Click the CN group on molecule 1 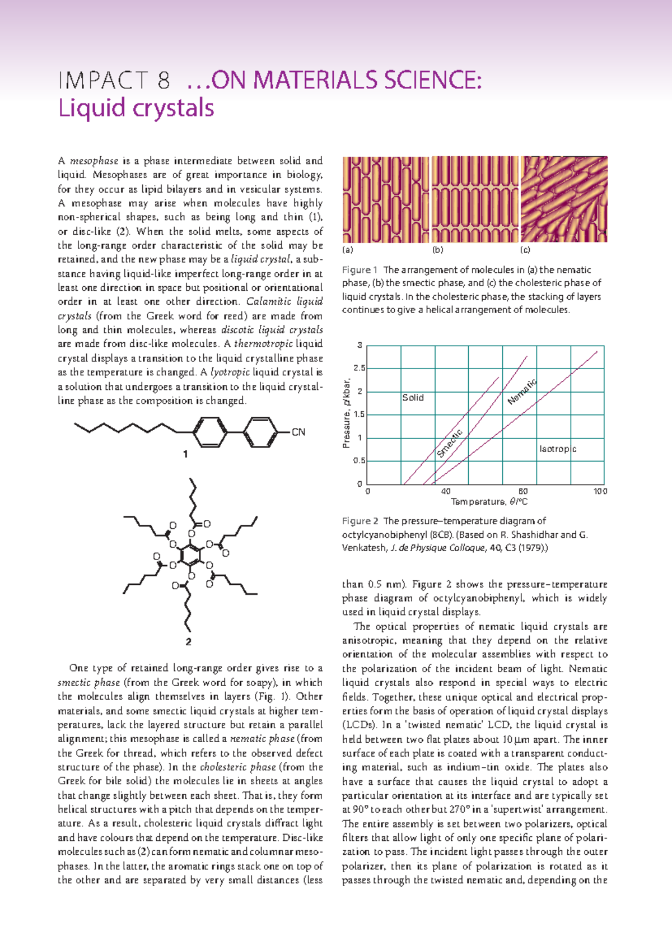[298, 432]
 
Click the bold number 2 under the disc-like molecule [188, 642]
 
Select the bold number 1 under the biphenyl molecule [185, 454]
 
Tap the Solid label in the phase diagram [413, 398]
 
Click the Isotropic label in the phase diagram [557, 449]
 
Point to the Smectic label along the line [450, 443]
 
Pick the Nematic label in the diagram [522, 392]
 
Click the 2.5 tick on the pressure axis [359, 368]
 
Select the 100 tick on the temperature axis [600, 491]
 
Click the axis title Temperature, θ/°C [489, 502]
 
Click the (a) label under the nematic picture [348, 250]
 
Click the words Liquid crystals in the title [136, 108]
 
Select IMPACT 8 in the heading [114, 81]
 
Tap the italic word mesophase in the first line [94, 161]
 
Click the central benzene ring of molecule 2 [192, 555]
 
